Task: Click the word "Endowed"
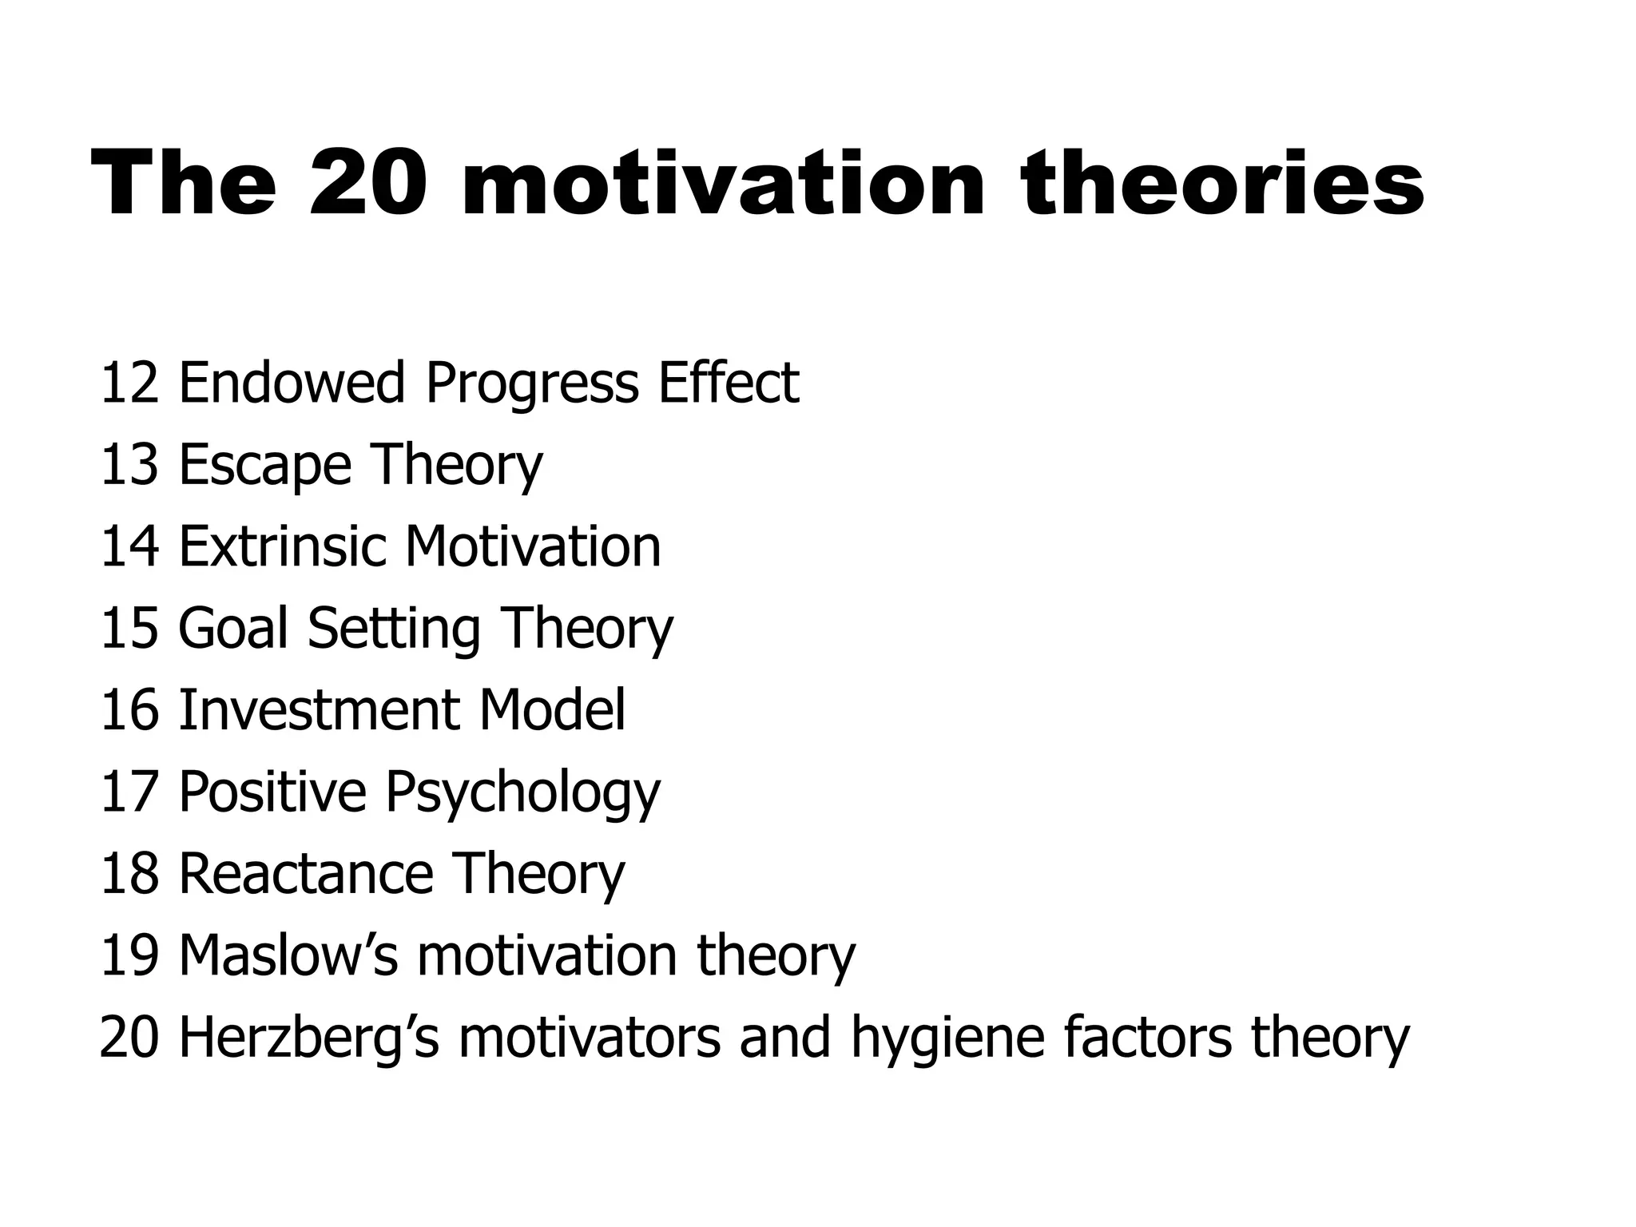pyautogui.click(x=292, y=383)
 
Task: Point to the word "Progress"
pyautogui.click(x=532, y=384)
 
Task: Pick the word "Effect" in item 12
pyautogui.click(x=728, y=383)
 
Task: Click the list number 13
pyautogui.click(x=129, y=465)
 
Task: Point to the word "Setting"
pyautogui.click(x=393, y=629)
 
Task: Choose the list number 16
pyautogui.click(x=129, y=710)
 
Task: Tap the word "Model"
pyautogui.click(x=552, y=710)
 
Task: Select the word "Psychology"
pyautogui.click(x=522, y=793)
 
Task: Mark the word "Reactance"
pyautogui.click(x=306, y=873)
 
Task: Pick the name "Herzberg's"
pyautogui.click(x=308, y=1038)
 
